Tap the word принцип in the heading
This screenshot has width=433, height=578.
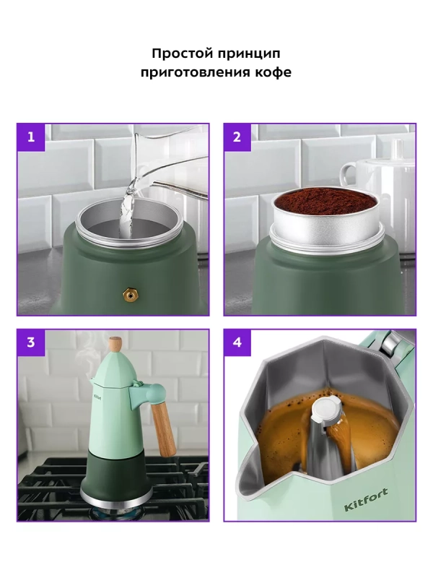coord(248,54)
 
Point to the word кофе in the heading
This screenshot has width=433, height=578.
coord(272,72)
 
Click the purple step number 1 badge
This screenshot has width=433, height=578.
coord(31,137)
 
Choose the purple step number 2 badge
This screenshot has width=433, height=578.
coord(237,137)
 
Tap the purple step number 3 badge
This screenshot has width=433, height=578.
coord(31,342)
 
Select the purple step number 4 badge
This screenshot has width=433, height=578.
coord(237,342)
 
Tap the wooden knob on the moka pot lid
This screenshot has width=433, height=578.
coord(115,344)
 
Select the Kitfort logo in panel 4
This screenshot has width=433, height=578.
coord(366,500)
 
